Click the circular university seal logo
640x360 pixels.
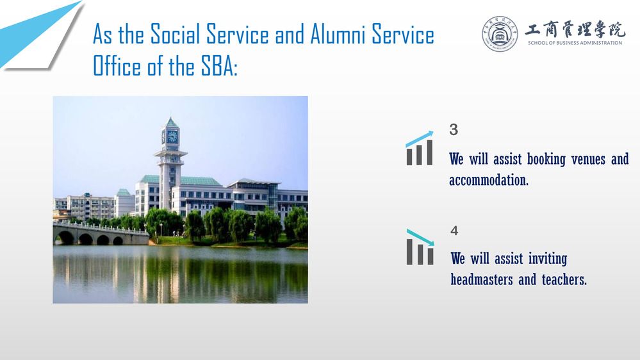(x=500, y=34)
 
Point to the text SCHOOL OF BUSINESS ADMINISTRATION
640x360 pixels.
(x=575, y=43)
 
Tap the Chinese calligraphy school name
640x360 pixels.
(x=575, y=29)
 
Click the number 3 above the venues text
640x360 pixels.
(x=454, y=130)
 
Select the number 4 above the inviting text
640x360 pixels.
(x=454, y=231)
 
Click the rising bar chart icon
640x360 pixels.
(x=420, y=148)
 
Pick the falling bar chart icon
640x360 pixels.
(x=420, y=247)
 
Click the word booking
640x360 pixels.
(x=546, y=160)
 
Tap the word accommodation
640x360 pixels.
(x=489, y=180)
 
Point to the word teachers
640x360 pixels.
(x=564, y=279)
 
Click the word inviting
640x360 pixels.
(x=548, y=259)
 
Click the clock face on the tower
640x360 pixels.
(x=173, y=136)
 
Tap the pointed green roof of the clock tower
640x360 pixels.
(x=171, y=122)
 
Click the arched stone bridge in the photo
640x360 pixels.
(x=100, y=234)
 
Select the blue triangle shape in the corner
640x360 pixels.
(x=39, y=33)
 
